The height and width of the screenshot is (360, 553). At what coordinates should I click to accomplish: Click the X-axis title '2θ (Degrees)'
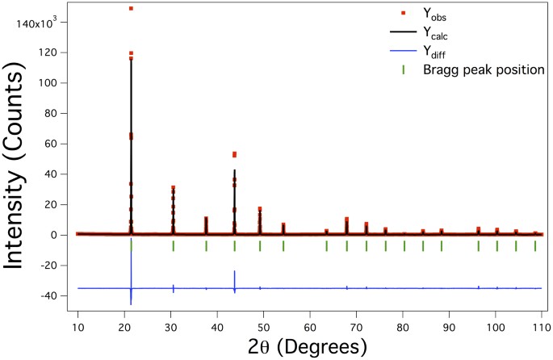pyautogui.click(x=308, y=345)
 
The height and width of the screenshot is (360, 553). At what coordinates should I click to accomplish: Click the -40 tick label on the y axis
pyautogui.click(x=54, y=296)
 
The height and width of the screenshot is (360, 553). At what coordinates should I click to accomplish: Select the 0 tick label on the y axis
pyautogui.click(x=61, y=235)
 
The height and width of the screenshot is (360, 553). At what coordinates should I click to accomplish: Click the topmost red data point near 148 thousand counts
pyautogui.click(x=131, y=9)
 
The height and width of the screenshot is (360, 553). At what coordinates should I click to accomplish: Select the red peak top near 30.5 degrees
pyautogui.click(x=173, y=188)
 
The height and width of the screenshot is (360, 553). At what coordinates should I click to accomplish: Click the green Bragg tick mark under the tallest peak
pyautogui.click(x=131, y=246)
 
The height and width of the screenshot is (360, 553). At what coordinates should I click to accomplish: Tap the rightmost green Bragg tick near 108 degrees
pyautogui.click(x=534, y=246)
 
